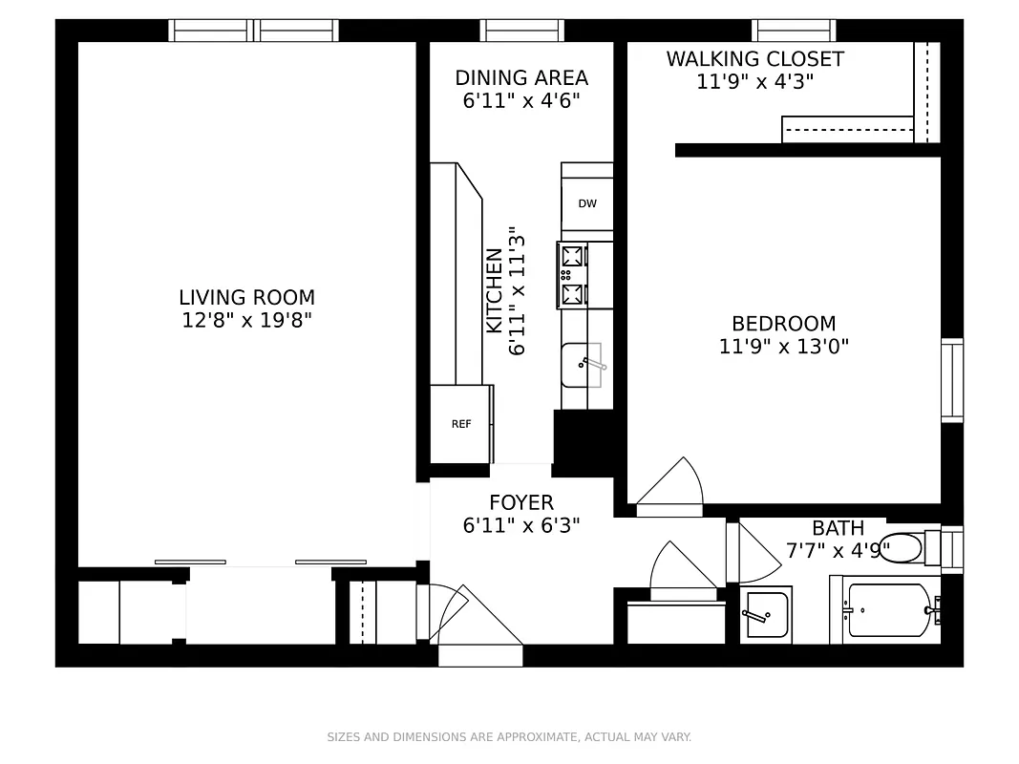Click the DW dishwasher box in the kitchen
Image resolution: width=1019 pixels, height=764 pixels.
(x=587, y=203)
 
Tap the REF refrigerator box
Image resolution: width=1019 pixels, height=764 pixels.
(x=461, y=423)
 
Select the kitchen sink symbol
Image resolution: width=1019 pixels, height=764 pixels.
(x=582, y=365)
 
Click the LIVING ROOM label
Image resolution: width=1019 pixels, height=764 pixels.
(x=246, y=297)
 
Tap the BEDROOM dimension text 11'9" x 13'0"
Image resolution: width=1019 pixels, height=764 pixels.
(x=783, y=346)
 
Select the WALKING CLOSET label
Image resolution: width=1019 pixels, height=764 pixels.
(x=754, y=59)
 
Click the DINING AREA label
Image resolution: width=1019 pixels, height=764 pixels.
(x=521, y=78)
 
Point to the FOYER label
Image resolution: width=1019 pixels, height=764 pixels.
(x=520, y=502)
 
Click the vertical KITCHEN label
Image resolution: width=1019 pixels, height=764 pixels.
(x=495, y=290)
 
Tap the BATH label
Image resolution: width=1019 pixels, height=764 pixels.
(x=838, y=528)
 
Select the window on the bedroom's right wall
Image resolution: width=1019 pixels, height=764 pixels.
(x=951, y=379)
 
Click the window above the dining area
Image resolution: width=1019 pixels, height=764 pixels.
(x=521, y=31)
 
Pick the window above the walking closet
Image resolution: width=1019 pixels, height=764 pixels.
(x=793, y=31)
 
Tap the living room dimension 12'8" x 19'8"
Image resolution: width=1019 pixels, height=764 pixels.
(x=246, y=320)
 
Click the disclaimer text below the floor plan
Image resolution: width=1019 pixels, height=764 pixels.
(x=509, y=736)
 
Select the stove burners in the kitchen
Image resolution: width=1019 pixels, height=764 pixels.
(x=573, y=275)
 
